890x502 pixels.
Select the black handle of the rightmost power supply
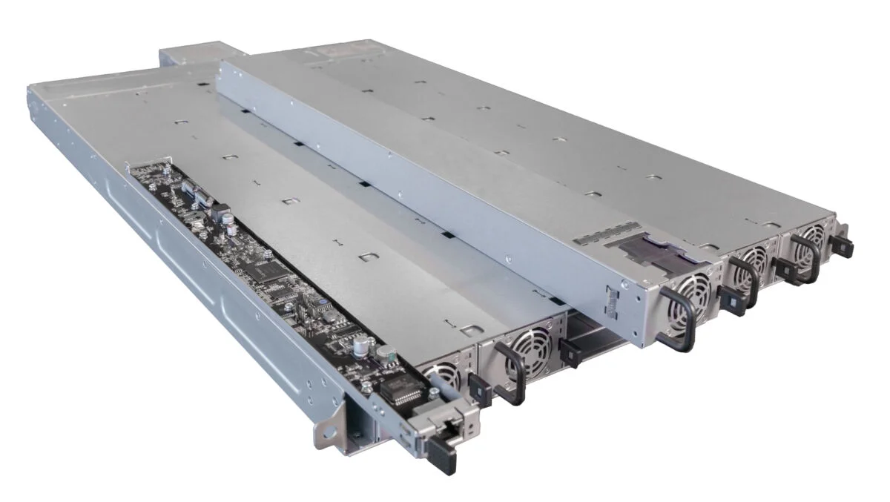coord(806,260)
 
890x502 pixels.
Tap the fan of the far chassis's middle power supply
coord(752,257)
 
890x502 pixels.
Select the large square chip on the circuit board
coord(263,272)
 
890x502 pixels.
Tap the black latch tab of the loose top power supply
coord(731,303)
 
